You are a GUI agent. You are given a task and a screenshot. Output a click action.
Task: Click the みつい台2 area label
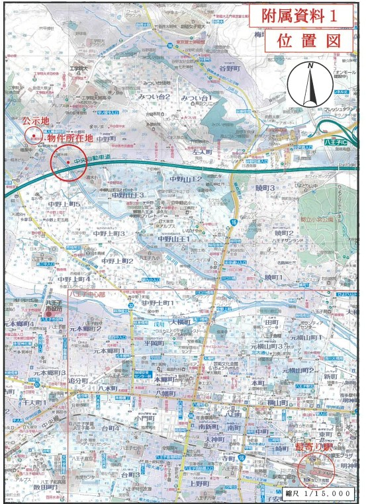(154, 97)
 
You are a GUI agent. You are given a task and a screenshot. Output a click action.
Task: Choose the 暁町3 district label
(265, 189)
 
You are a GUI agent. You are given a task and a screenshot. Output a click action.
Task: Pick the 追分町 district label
(77, 382)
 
